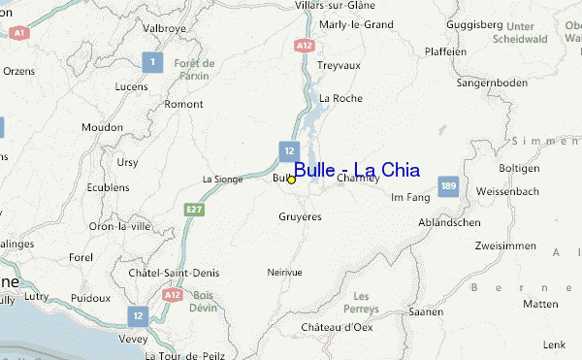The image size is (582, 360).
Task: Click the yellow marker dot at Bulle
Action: point(291,180)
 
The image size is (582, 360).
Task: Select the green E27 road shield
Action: point(194,209)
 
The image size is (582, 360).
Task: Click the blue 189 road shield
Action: point(447,184)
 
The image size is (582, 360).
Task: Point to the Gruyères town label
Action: point(300,216)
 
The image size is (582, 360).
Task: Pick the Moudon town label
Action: point(102,127)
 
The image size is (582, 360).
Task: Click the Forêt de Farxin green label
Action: point(195,69)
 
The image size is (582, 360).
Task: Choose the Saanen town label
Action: point(427,311)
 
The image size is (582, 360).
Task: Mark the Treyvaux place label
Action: point(339,67)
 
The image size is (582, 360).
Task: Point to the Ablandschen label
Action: point(449,222)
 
